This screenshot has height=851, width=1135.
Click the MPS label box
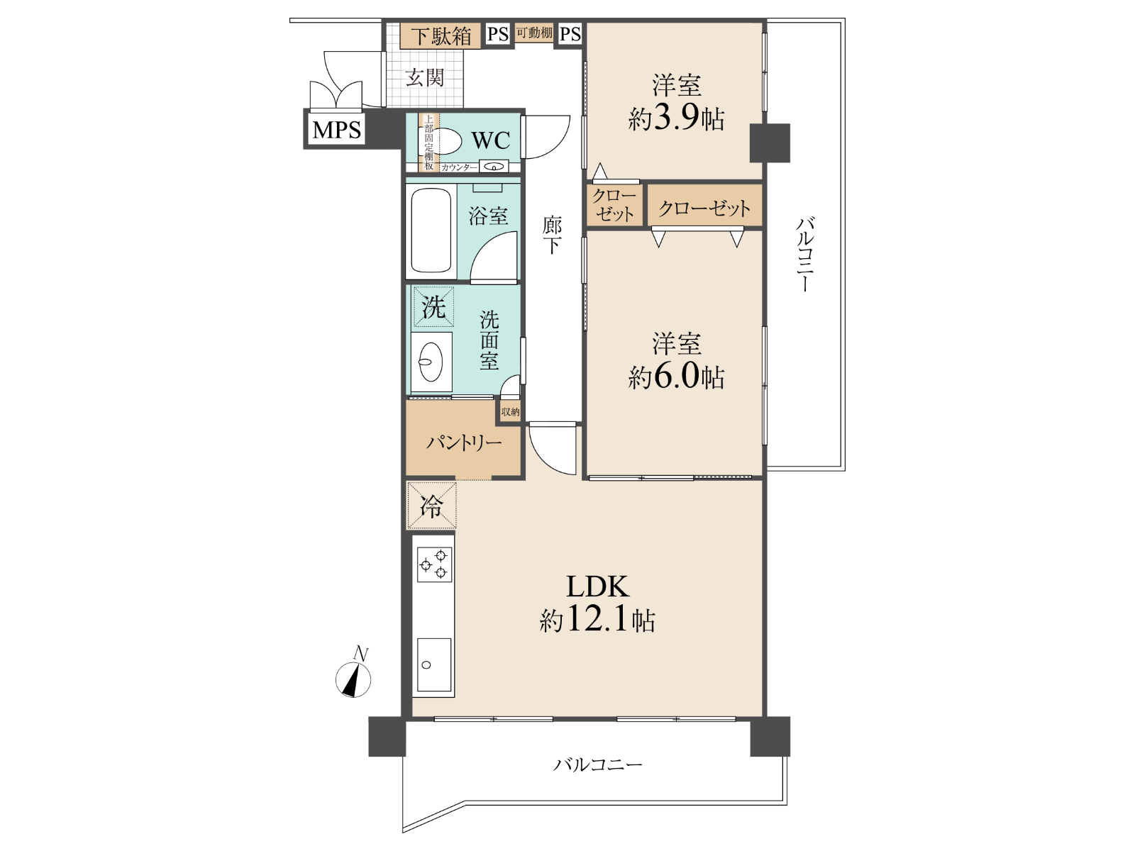337,128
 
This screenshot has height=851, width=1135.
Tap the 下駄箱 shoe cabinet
441,35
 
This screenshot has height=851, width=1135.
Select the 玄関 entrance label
424,77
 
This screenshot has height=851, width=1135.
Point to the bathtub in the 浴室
431,229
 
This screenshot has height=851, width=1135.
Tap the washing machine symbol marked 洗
433,307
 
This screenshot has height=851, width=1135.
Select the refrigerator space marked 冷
431,506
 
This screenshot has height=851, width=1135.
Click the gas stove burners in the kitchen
434,564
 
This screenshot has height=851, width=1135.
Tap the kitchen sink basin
434,664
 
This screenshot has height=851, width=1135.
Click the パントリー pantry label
463,443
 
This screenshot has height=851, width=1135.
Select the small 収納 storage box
510,412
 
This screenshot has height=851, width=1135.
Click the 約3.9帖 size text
676,119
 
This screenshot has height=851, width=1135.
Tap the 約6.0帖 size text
676,377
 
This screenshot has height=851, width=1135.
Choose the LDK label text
598,586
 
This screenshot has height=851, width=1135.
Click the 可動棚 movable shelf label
534,33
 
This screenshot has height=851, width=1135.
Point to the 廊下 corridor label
552,235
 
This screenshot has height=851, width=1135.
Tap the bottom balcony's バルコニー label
598,764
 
